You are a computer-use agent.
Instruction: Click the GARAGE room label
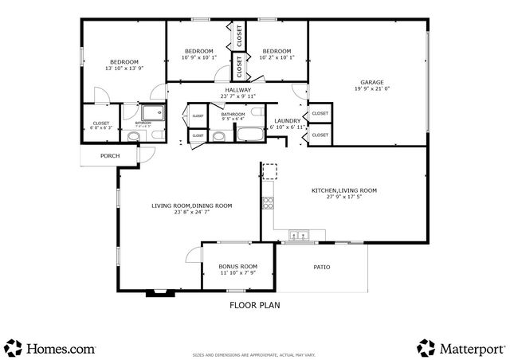click(371, 81)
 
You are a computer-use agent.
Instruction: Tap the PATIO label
click(321, 267)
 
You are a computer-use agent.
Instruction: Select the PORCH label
click(110, 156)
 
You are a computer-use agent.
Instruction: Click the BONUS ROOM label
click(238, 266)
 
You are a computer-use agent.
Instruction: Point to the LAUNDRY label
click(286, 120)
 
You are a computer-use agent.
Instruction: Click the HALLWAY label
click(237, 90)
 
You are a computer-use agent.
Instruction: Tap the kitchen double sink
click(300, 235)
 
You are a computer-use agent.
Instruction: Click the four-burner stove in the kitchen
click(268, 202)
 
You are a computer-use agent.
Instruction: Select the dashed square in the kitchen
click(270, 172)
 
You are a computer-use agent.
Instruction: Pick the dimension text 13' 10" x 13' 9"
click(124, 68)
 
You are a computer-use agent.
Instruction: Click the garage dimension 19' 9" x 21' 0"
click(371, 88)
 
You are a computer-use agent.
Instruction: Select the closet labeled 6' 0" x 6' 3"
click(101, 127)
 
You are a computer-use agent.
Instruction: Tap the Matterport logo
click(461, 348)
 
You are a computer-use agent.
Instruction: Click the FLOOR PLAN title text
click(254, 304)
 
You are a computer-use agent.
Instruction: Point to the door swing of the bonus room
click(191, 255)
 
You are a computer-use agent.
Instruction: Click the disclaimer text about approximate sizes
click(254, 354)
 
